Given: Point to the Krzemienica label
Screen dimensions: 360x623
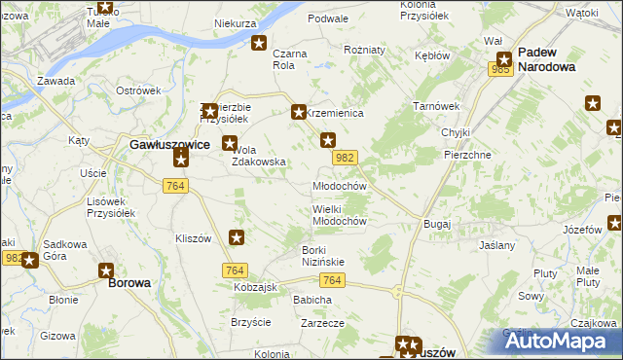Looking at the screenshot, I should (336, 114).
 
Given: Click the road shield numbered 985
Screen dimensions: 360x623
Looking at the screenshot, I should (501, 69).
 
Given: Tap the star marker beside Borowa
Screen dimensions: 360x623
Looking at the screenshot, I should (106, 270).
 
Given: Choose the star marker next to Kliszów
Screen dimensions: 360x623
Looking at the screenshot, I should (237, 236).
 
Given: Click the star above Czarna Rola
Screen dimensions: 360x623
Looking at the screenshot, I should (260, 43).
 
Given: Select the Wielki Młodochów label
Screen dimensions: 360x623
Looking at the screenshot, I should (339, 214).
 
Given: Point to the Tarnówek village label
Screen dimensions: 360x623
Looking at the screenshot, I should (435, 106).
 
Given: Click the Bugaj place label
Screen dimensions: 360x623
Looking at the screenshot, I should (437, 224).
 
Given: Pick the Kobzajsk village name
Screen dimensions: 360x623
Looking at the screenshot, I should (256, 288).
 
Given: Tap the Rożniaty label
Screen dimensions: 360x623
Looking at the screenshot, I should (365, 50).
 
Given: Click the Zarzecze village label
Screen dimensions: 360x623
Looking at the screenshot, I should (324, 322).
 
